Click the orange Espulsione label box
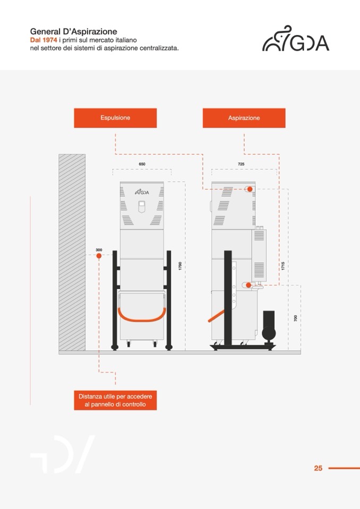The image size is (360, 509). pos(115,118)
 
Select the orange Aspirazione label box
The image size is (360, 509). pos(244,118)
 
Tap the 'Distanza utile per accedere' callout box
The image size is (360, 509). pos(115,400)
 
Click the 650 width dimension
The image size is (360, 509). pos(142,165)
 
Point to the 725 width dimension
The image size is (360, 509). pos(241,165)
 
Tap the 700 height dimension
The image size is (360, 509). pos(295,318)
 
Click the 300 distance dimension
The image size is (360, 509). pos(99,249)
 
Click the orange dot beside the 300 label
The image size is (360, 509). pos(99,256)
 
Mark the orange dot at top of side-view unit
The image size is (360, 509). pos(249,189)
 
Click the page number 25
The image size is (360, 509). pos(318,468)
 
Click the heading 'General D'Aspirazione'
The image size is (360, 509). pos(73,31)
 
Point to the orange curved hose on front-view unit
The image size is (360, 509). pos(142,315)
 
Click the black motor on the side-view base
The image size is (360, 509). pos(267,325)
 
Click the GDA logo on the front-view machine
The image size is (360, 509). pos(141,193)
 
